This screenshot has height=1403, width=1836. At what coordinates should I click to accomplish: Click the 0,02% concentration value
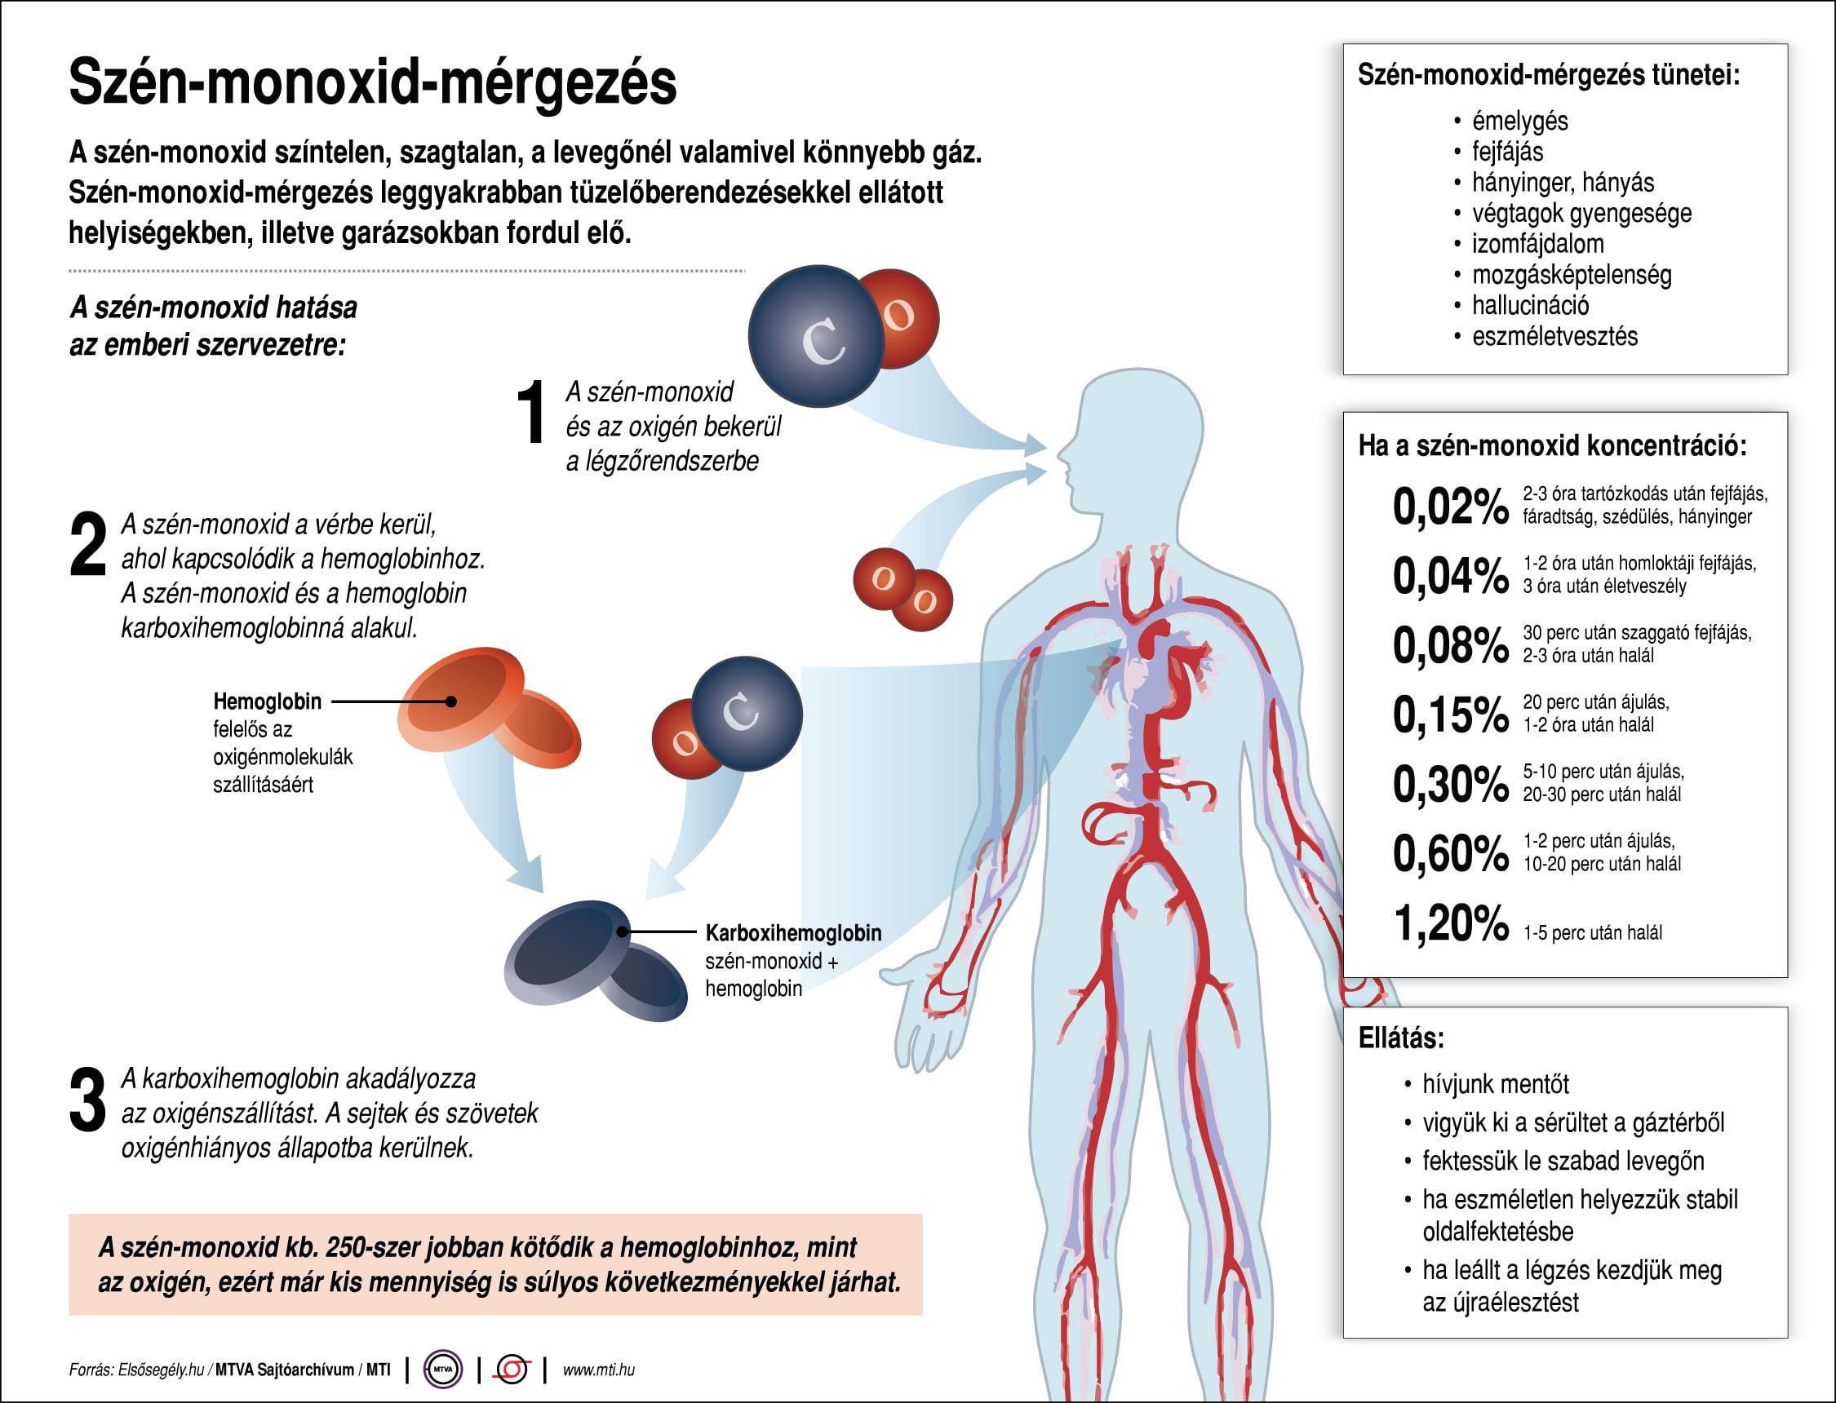coord(1451,506)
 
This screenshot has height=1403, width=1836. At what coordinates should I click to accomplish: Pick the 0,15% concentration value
coord(1451,714)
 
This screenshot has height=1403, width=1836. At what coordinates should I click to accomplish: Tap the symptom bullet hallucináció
coord(1530,306)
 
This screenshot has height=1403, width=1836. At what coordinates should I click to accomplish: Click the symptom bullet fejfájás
coord(1508,152)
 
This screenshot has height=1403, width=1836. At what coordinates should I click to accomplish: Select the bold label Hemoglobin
coord(268,701)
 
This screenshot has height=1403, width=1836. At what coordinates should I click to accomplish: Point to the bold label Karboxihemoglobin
coord(793,933)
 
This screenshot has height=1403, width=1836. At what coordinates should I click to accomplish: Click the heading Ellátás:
coord(1402,1038)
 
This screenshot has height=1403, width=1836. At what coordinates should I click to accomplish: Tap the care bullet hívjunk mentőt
coord(1496,1084)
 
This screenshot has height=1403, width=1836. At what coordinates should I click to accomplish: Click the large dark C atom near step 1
coord(816,337)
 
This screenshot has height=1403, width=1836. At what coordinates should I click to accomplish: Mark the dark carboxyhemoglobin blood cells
coord(596,960)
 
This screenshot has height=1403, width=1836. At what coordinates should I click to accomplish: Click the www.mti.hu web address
coord(599,1370)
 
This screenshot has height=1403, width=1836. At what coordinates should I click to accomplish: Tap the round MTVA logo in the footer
coord(444,1370)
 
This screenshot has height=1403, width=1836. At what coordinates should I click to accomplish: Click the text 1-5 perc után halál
coord(1592,933)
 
